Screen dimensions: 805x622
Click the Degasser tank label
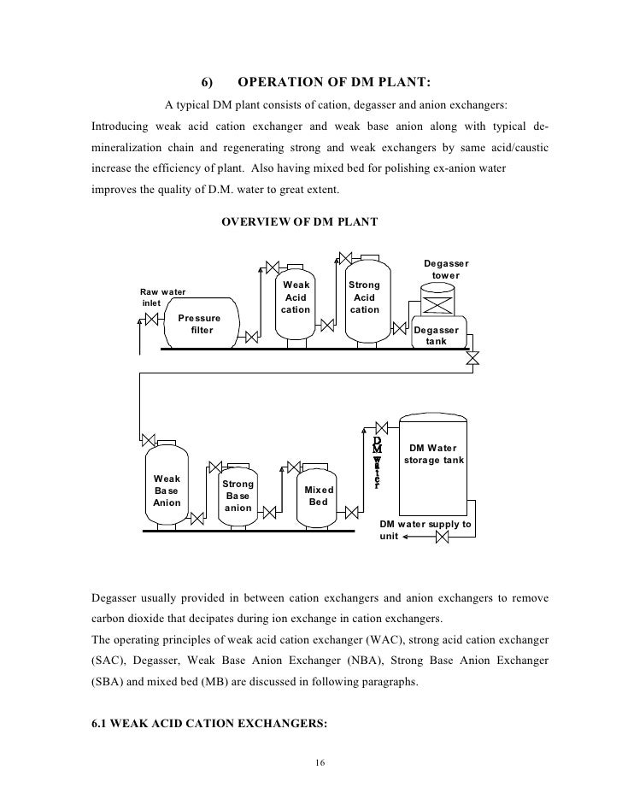click(436, 336)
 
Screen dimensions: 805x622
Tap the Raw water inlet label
click(162, 297)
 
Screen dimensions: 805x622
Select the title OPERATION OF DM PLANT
click(333, 83)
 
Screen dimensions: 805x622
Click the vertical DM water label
click(377, 462)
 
